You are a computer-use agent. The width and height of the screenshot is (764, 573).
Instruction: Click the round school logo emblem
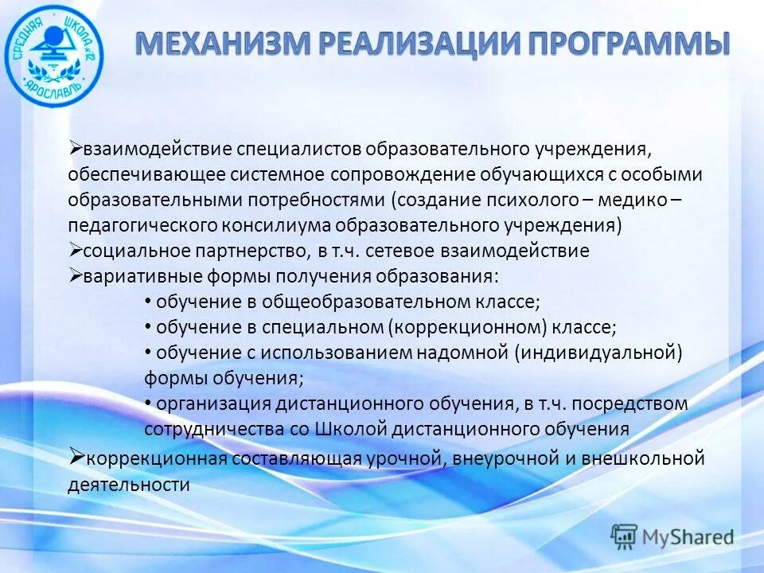tap(54, 54)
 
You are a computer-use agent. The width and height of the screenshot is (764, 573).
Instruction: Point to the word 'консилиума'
tap(272, 225)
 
